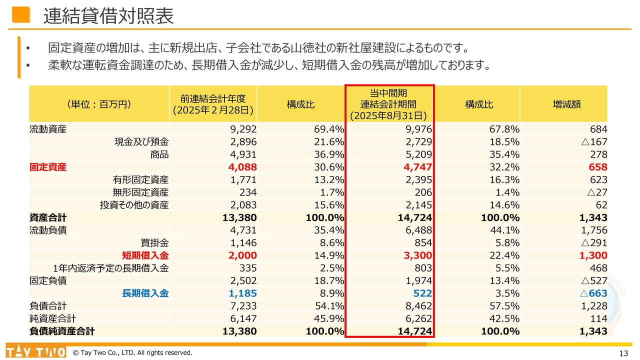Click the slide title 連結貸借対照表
click(108, 16)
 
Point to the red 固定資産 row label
click(47, 167)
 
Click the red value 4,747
click(417, 167)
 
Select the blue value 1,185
click(242, 293)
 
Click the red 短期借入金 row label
click(145, 255)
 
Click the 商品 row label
click(159, 154)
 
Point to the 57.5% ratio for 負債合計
click(505, 306)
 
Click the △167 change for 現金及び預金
click(594, 142)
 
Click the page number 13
click(623, 353)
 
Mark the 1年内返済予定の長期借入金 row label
click(110, 268)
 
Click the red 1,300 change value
click(593, 255)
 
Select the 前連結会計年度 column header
click(213, 104)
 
